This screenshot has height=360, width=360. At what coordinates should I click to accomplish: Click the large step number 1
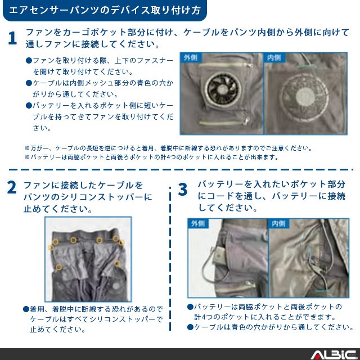coord(12,38)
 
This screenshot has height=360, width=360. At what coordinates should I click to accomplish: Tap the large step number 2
coord(12,187)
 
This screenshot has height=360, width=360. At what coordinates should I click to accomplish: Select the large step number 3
coord(183,190)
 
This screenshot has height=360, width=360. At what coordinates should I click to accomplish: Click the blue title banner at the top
coord(105,10)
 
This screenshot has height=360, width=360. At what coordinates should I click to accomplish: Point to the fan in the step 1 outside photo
coord(223,89)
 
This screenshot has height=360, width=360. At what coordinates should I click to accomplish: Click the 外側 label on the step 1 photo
coord(191,57)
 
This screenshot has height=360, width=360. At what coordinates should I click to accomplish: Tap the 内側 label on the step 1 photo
coord(274,57)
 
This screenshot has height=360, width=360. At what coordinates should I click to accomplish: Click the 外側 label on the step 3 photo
coord(198,223)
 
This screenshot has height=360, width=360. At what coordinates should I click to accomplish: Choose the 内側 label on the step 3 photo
coord(279,223)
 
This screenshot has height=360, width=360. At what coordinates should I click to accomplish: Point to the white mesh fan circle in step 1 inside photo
coord(305,96)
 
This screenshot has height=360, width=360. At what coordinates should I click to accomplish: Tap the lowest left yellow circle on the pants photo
coord(58,267)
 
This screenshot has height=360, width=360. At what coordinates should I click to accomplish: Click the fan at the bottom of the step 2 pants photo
coord(116,286)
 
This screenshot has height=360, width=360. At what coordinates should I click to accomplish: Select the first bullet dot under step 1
coord(29,61)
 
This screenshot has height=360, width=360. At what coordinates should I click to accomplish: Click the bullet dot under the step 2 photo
coord(26,309)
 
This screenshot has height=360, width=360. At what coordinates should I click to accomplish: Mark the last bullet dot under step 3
coord(190,327)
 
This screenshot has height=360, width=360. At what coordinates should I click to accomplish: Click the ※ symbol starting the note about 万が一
coord(27,148)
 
